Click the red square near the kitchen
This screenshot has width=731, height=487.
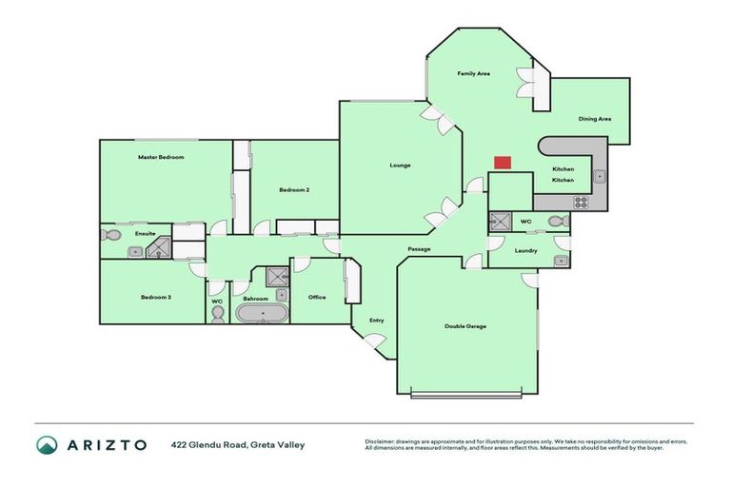point(502,163)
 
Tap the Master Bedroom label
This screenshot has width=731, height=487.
point(160,157)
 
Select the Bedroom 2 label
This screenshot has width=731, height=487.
point(294,190)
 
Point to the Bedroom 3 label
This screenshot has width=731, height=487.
point(156,298)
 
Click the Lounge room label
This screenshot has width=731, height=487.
point(400,166)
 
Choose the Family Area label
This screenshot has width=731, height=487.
point(473,73)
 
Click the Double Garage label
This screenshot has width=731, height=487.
point(465,326)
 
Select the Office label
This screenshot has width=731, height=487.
point(317,298)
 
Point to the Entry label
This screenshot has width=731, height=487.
point(377,321)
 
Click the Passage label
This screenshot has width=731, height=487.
point(420,249)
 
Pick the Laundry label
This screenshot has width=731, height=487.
point(526,251)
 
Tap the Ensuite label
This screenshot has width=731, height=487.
point(145,233)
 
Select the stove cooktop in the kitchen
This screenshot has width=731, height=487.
point(580,202)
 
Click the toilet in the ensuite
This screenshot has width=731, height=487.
point(109,234)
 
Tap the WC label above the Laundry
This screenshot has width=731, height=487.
point(525,222)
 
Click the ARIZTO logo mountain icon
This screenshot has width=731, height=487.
point(48,445)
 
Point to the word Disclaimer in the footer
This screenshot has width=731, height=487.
point(382,441)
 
